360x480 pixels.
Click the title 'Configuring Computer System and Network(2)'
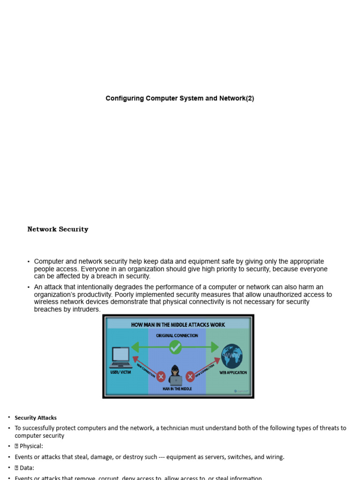[x=180, y=98]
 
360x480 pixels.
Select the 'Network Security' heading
[x=58, y=229]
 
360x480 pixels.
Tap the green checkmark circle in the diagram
[x=175, y=347]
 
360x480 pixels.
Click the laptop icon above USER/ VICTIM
[x=120, y=358]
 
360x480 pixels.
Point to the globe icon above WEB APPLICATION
[x=232, y=356]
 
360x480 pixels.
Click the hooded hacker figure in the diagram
[x=175, y=375]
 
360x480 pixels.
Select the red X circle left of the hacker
[x=161, y=376]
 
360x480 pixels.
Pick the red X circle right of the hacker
[x=190, y=376]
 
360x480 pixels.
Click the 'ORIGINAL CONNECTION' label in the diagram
[x=177, y=336]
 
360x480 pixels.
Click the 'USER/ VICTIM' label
[x=120, y=373]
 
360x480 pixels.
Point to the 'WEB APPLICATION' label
[x=233, y=373]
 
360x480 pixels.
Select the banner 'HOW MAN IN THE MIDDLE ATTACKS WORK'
[x=178, y=324]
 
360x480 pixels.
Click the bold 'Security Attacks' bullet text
[x=36, y=418]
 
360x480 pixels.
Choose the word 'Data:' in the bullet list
[x=27, y=468]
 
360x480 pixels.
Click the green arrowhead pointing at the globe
[x=215, y=347]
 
